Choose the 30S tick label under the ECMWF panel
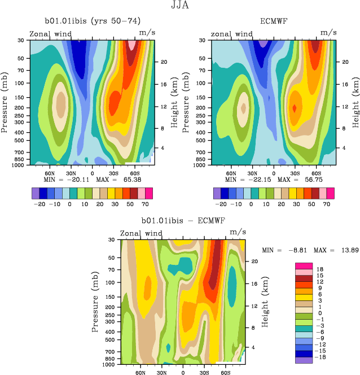pyautogui.click(x=294, y=173)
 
